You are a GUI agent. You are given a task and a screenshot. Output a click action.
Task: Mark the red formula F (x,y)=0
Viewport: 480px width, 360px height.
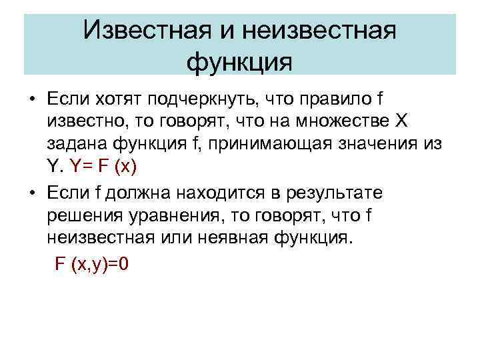pos(91,264)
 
